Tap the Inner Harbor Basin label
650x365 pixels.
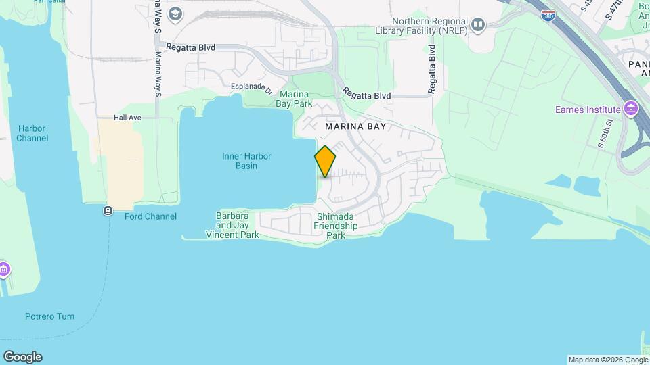point(246,161)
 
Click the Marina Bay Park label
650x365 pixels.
point(294,99)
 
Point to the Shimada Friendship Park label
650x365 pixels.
point(337,226)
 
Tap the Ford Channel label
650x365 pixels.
point(150,216)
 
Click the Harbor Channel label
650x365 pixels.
point(32,133)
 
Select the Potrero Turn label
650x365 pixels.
point(49,316)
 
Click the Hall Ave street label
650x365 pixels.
point(127,118)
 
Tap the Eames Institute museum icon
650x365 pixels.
point(632,109)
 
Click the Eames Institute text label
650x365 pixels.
point(587,109)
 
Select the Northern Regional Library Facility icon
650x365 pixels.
point(479,26)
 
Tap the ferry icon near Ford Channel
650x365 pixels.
point(108,211)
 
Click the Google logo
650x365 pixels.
point(22,357)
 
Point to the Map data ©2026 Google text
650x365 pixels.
point(607,360)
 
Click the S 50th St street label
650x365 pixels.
point(605,133)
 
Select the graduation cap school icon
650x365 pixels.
point(175,14)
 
